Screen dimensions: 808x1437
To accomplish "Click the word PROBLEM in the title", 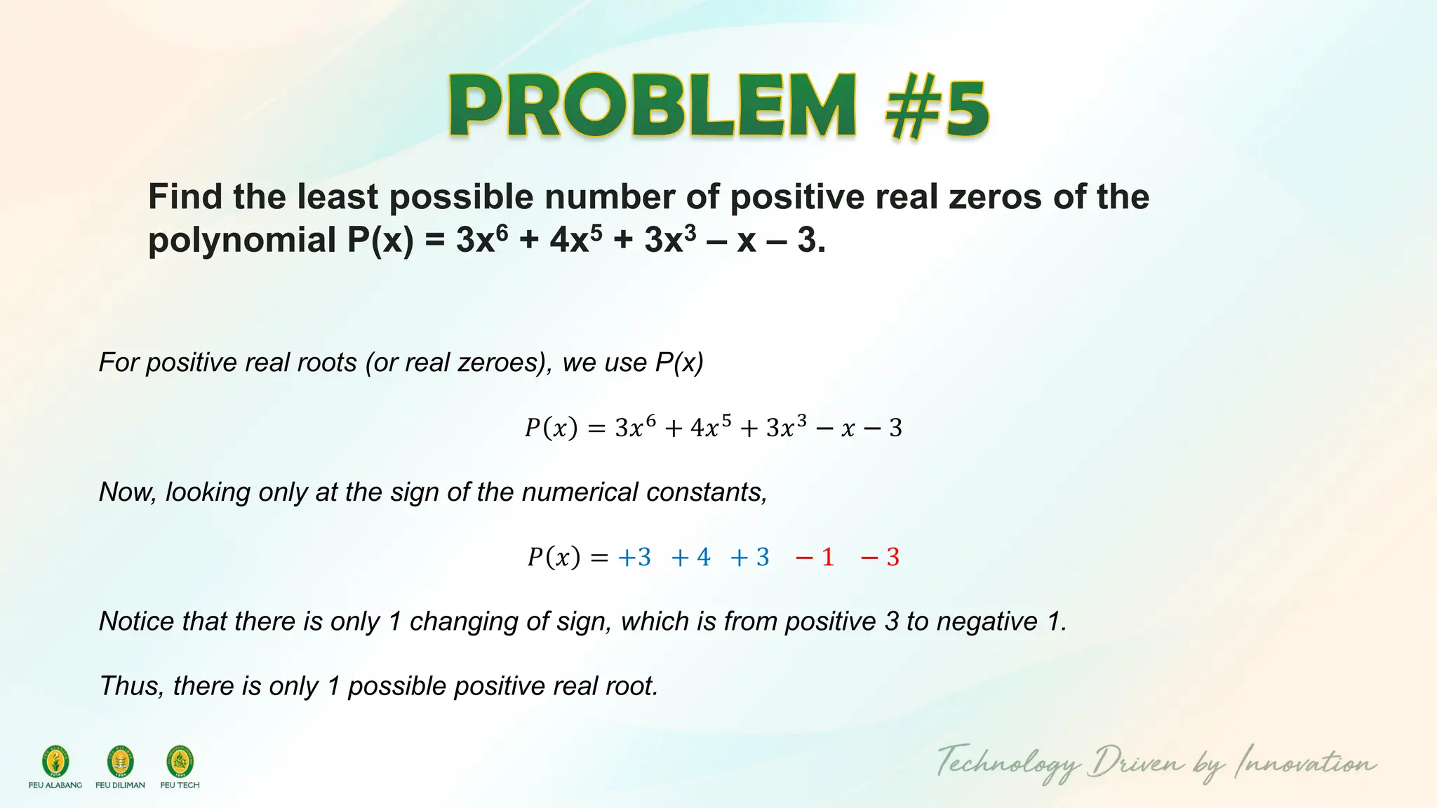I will (x=653, y=107).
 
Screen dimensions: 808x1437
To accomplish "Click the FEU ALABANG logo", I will (x=55, y=762).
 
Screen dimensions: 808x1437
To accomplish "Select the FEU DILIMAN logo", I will (x=120, y=762).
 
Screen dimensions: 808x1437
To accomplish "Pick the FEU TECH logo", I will (x=180, y=762).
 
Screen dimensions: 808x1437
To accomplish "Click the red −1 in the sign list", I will (x=815, y=558).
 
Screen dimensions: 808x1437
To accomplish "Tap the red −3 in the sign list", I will (x=880, y=558).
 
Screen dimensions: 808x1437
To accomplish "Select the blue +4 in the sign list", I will (x=690, y=558).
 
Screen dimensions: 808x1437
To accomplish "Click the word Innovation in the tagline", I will (x=1305, y=763).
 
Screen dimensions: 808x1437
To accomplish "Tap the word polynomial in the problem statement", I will (x=242, y=241).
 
